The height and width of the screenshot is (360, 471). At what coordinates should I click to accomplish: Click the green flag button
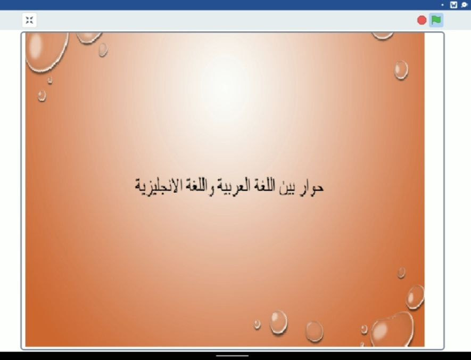[436, 20]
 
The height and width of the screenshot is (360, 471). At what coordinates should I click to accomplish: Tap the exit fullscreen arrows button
[29, 20]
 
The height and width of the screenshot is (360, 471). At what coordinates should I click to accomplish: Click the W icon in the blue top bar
[453, 5]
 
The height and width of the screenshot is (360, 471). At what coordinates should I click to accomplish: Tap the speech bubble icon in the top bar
[465, 5]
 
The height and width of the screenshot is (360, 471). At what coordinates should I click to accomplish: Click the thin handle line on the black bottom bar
[232, 356]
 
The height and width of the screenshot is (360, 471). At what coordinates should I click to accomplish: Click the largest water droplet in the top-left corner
[46, 52]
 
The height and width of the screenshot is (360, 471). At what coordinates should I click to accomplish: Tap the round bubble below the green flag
[401, 70]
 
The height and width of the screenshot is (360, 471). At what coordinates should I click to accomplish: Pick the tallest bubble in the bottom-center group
[278, 322]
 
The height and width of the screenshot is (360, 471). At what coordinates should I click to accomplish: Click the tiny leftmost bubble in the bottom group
[257, 324]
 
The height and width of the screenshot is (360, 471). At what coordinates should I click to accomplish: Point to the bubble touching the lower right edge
[416, 297]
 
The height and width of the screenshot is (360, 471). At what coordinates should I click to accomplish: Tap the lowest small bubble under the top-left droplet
[42, 96]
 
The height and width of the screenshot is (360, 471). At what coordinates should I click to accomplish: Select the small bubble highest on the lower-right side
[401, 273]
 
